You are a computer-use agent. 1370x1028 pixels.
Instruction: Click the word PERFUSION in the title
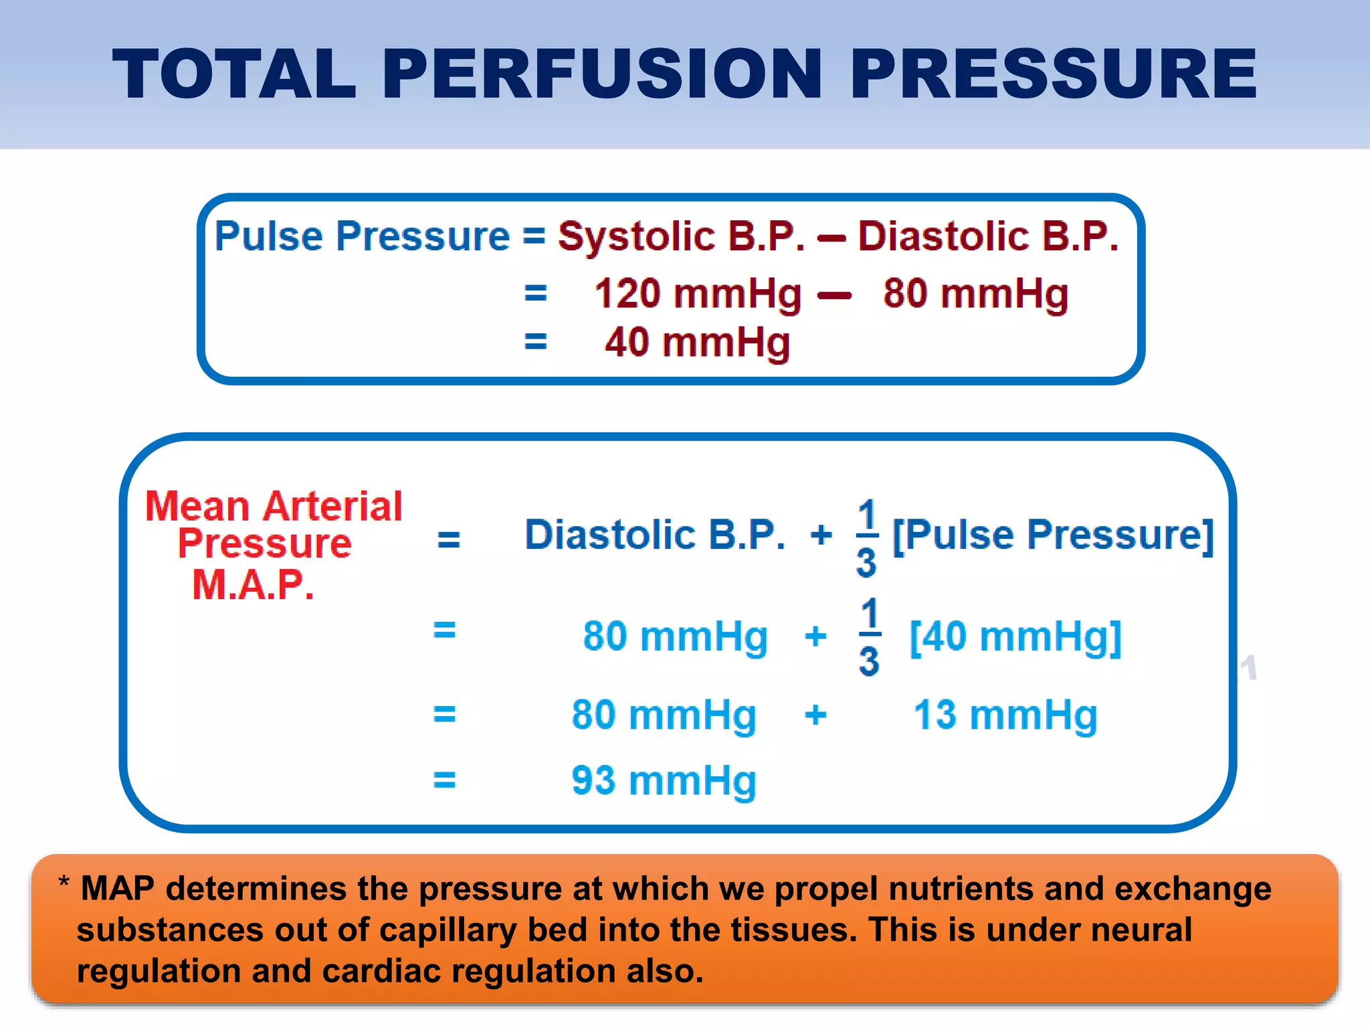click(601, 74)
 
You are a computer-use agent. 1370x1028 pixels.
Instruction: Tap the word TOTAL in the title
click(235, 74)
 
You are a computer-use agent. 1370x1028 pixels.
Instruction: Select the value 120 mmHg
click(698, 294)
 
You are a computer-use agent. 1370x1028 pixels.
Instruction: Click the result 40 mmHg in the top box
click(698, 343)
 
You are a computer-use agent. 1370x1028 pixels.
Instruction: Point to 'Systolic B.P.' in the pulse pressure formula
click(682, 236)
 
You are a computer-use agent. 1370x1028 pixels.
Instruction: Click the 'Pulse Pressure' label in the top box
click(362, 236)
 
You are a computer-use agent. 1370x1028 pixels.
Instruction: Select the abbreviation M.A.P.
click(253, 584)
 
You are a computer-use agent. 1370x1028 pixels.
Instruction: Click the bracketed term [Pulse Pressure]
click(1053, 535)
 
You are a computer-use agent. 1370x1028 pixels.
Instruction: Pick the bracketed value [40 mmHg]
click(1015, 636)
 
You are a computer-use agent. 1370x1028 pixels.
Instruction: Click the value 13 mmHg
click(1005, 715)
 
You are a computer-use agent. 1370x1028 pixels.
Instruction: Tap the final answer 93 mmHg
click(664, 780)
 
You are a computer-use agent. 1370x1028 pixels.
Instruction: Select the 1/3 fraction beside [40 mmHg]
click(869, 636)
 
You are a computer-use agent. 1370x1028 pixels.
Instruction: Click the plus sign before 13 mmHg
click(815, 715)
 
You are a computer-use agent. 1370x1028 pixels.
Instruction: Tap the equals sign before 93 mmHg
click(445, 780)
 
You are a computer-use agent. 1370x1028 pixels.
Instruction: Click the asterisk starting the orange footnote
click(64, 883)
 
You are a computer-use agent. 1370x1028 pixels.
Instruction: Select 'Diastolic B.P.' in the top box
click(988, 236)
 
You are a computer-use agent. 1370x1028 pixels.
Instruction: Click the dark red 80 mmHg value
click(975, 294)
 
